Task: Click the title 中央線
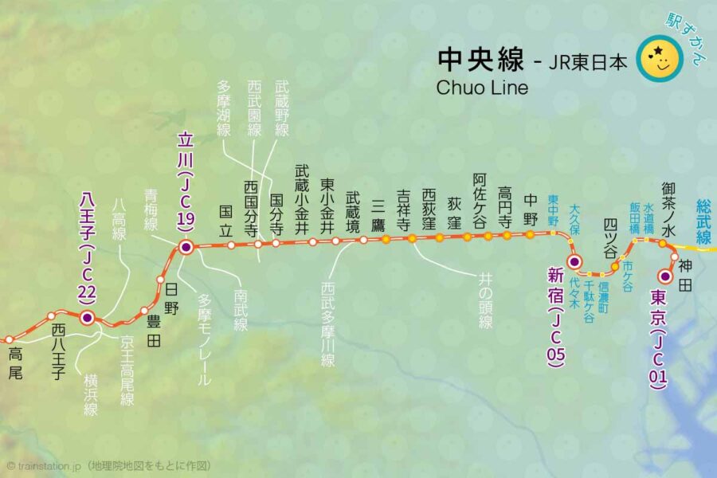[x=480, y=59]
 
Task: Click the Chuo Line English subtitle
[x=482, y=88]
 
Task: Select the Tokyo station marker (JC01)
[x=665, y=276]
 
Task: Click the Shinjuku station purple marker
[x=575, y=261]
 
